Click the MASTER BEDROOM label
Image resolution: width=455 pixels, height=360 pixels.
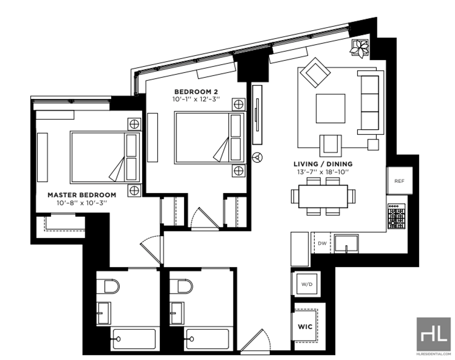pos(82,195)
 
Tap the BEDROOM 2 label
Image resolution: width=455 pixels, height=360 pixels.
pos(196,92)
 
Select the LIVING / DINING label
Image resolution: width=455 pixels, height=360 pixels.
pos(323,164)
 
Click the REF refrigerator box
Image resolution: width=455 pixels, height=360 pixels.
pos(399,180)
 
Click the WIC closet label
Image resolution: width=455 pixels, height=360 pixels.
pos(305,327)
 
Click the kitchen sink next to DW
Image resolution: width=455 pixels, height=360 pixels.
pos(346,243)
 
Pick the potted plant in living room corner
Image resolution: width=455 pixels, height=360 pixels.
pos(359,49)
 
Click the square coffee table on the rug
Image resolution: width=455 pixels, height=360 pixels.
pos(330,108)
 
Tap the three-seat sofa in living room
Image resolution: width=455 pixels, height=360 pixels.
pos(370,102)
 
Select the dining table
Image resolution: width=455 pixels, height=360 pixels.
pos(323,196)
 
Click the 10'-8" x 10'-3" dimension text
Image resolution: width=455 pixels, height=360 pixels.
pos(82,202)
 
